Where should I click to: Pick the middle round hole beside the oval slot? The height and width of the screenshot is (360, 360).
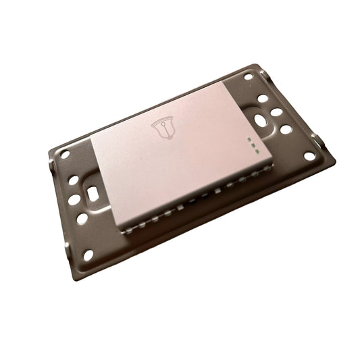pos(277,113)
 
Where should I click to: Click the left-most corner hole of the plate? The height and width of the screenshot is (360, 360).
pos(65,153)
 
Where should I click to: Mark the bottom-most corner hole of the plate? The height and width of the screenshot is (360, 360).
pos(88,255)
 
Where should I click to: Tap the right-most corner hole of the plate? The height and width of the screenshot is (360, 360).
pos(309,156)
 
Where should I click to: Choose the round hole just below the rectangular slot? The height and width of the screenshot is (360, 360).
pos(82,219)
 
